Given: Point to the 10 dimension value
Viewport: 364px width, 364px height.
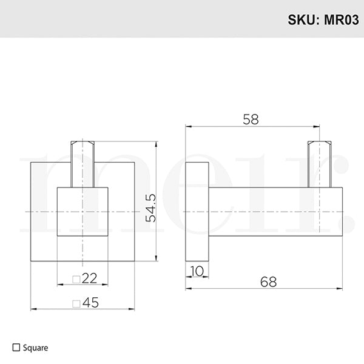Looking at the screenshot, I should pos(197,270).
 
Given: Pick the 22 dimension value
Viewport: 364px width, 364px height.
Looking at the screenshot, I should pos(89,278).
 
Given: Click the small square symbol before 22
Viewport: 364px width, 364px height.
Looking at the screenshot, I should pos(76,279).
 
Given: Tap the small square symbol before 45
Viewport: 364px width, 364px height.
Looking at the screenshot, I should pos(76,303).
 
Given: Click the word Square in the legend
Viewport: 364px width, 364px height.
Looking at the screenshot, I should pos(35,348).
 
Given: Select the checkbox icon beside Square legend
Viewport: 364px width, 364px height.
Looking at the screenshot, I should pos(16,348).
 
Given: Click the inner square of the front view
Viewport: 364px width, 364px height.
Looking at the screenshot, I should pos(83,212).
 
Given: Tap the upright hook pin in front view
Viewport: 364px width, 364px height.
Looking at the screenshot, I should pos(83,164).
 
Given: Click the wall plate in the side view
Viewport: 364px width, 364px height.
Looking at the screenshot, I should pos(197,212).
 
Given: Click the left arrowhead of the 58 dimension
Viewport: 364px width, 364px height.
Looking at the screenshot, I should pos(189,127).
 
